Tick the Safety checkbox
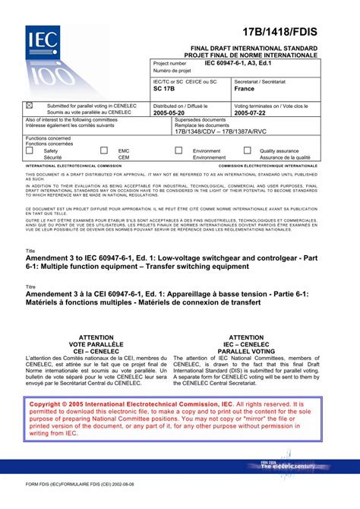point(30,151)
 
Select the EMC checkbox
point(104,151)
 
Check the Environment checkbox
point(179,151)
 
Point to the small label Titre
point(31,286)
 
